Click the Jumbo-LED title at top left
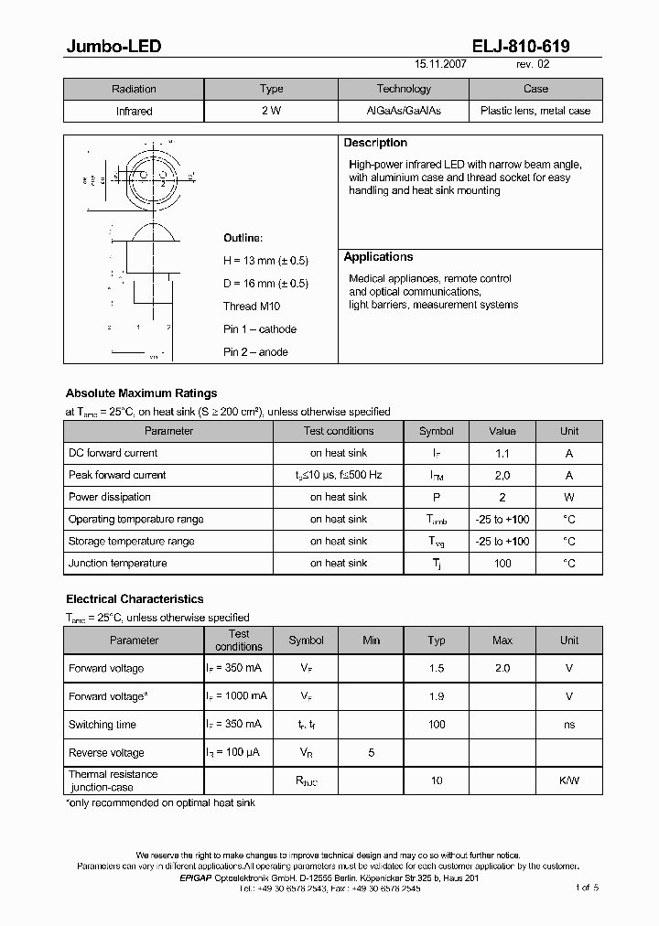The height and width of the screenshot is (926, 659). tap(113, 47)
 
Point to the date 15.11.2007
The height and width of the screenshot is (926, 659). tap(441, 66)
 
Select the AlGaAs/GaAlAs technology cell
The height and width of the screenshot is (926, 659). tap(403, 111)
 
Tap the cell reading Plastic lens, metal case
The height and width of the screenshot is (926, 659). tap(535, 111)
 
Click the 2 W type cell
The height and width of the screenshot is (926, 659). tap(271, 111)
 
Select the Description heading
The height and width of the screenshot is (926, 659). tap(375, 143)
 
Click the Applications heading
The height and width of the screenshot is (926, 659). tap(378, 257)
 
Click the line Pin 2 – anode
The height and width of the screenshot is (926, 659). tap(255, 352)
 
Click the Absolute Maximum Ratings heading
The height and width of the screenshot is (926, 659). tap(141, 393)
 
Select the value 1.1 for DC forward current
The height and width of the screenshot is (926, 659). tap(502, 453)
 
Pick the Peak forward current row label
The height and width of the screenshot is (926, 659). tap(117, 475)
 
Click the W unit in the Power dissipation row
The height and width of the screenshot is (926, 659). tap(568, 497)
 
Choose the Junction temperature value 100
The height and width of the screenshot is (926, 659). tap(502, 564)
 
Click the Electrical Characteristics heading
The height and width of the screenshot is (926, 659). tap(135, 599)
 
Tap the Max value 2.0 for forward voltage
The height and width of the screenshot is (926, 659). tap(502, 668)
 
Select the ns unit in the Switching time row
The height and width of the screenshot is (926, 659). tap(568, 725)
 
